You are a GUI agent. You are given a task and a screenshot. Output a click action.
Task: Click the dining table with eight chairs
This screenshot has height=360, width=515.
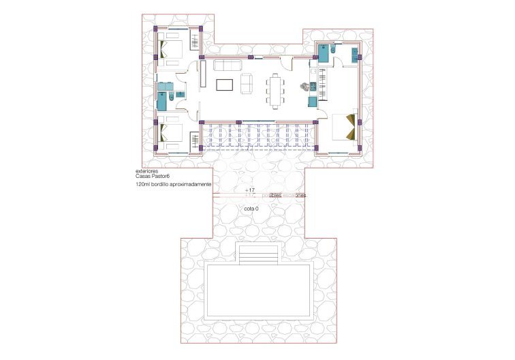276,89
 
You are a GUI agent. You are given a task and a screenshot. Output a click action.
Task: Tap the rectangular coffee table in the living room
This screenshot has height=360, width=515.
224,85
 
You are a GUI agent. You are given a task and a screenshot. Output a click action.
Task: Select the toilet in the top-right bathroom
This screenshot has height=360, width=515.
337,50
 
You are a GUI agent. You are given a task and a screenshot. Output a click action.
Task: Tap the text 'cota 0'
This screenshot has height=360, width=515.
251,209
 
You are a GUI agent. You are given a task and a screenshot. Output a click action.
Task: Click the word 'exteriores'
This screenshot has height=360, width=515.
147,172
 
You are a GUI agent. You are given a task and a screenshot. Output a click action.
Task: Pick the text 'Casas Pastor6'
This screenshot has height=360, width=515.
153,177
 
